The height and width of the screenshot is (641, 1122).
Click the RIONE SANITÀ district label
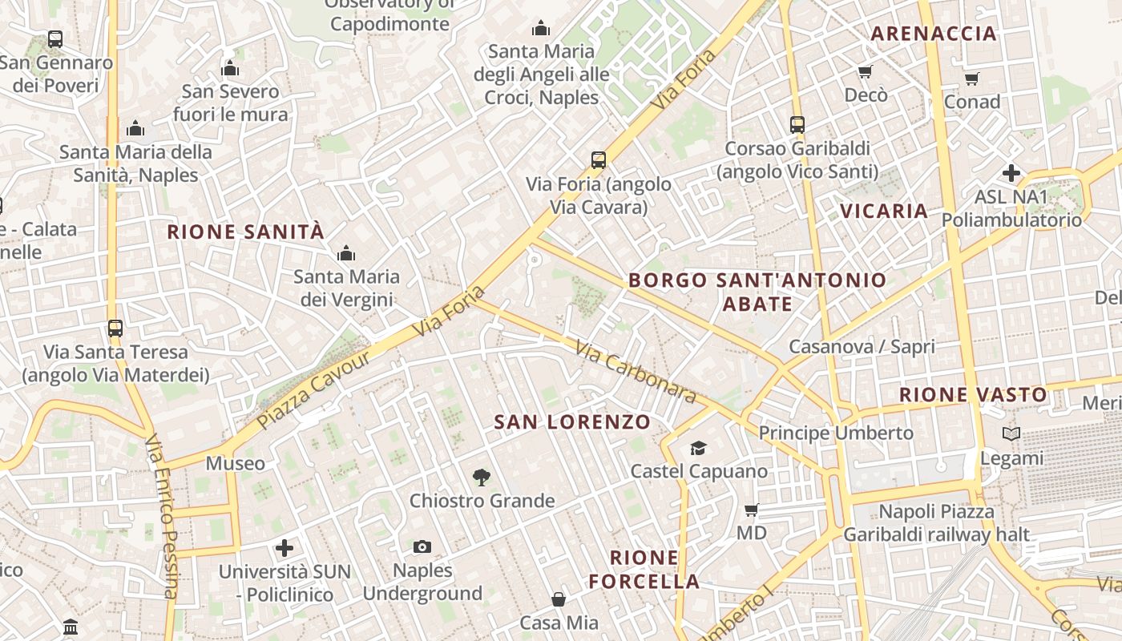(245, 232)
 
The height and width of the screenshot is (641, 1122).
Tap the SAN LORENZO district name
(572, 422)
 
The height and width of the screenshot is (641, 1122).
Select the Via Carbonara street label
(636, 373)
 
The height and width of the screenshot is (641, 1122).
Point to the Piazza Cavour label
(314, 389)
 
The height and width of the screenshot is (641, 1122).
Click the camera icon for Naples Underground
(422, 547)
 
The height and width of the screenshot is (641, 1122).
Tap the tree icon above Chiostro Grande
(481, 478)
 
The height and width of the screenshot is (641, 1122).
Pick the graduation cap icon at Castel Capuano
(699, 448)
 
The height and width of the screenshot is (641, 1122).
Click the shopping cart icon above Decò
(866, 72)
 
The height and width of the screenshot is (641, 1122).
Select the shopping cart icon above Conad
(972, 79)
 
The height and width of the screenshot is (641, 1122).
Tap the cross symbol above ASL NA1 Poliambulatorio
(1011, 173)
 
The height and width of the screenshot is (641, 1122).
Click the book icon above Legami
(1012, 434)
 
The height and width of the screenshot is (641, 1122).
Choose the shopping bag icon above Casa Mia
(559, 599)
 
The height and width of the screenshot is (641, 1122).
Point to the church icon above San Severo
(230, 68)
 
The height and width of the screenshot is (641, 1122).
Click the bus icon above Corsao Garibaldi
(797, 125)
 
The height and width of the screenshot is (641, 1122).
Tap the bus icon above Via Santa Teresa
(115, 328)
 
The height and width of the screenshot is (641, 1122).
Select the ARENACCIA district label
(934, 34)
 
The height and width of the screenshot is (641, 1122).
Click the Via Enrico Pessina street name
(163, 517)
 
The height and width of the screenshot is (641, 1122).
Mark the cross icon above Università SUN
(285, 548)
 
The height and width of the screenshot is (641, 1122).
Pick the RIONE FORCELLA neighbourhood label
(644, 570)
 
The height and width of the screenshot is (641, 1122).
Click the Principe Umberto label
(836, 433)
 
